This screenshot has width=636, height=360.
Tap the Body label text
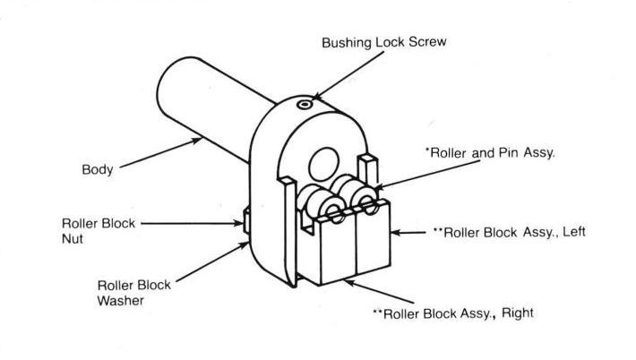pos(97,168)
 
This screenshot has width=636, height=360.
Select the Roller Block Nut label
pos(99,231)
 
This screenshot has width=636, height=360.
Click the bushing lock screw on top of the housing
pos(305,106)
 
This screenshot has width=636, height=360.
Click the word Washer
pos(122,301)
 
